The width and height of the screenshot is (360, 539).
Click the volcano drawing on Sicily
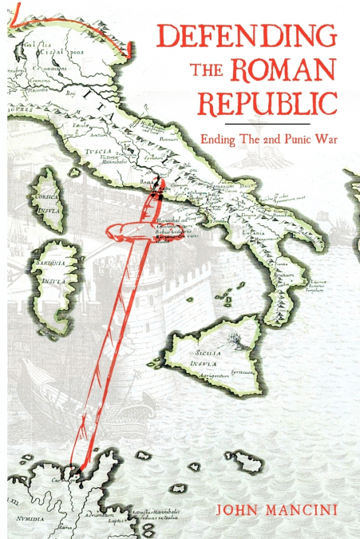point(236,339)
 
